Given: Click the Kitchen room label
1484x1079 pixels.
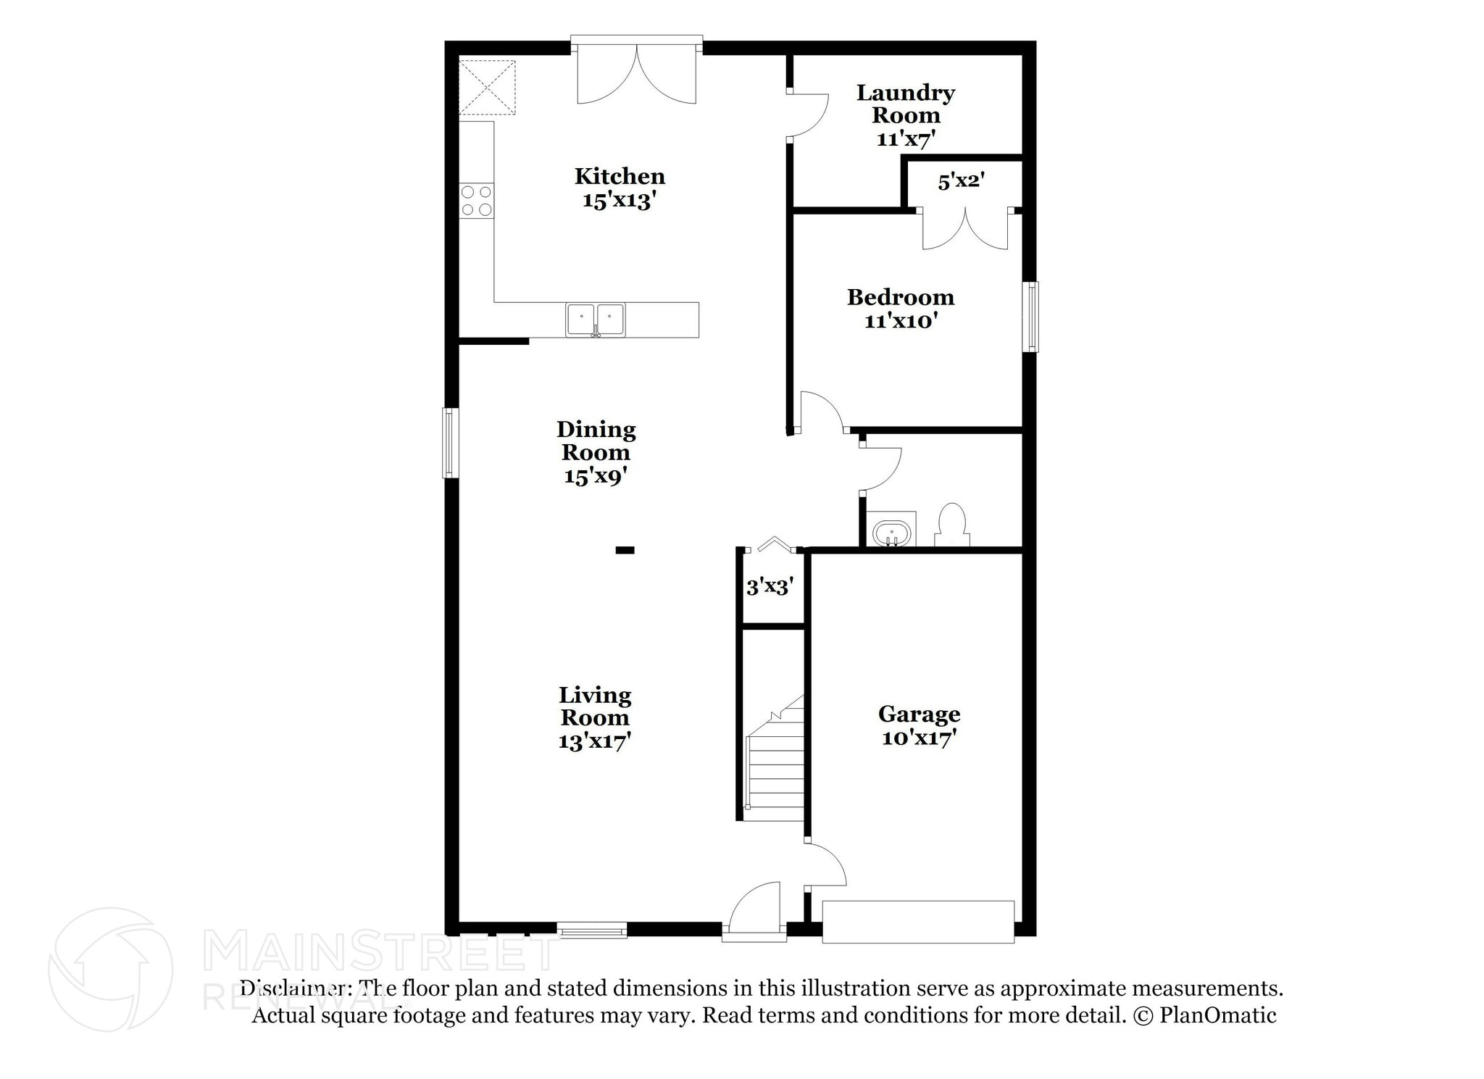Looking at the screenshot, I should (620, 176).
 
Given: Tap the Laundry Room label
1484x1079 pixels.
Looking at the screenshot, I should (906, 104).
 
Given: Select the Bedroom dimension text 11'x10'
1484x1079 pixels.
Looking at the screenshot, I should (901, 320).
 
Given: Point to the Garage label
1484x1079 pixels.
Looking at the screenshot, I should (919, 714).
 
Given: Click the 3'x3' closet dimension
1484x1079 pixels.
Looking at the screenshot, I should (770, 586).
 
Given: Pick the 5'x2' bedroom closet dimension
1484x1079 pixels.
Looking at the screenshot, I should (961, 181).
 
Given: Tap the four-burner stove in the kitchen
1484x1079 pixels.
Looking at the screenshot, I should (477, 201).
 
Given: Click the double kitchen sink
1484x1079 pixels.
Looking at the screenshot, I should (595, 320).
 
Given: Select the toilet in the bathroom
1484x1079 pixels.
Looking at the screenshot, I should (951, 524).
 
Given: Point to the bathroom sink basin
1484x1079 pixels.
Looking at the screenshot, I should (891, 532).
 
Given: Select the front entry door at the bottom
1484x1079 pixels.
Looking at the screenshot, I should (755, 909).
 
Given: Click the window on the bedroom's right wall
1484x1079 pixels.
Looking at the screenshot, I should (1030, 317).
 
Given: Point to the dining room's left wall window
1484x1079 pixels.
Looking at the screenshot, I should (450, 443).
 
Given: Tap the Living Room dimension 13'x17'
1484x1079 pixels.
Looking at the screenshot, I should (594, 741).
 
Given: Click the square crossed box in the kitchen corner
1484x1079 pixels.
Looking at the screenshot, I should (487, 87).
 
